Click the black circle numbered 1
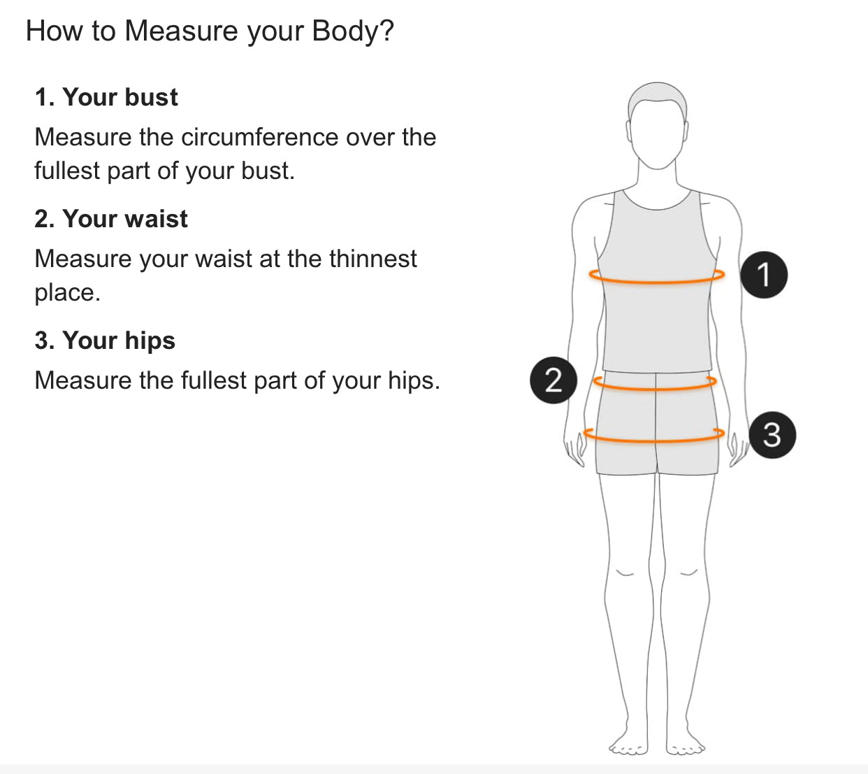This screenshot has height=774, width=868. click(764, 275)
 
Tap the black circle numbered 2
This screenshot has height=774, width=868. click(554, 380)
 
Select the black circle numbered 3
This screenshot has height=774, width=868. click(772, 435)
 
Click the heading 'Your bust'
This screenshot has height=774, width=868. click(120, 97)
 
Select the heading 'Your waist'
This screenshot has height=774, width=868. click(125, 219)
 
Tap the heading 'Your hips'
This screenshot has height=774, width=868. click(119, 341)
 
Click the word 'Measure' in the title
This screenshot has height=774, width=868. click(181, 31)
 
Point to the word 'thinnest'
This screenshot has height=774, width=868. click(373, 259)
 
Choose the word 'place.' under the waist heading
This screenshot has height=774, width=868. click(67, 294)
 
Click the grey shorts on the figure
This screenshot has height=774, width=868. click(657, 423)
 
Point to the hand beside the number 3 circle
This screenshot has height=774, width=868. click(738, 448)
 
